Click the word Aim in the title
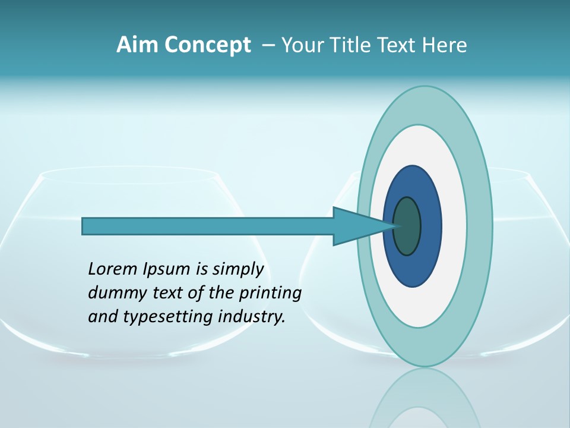[138, 45]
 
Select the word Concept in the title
[208, 46]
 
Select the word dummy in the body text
[114, 293]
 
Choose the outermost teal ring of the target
[479, 226]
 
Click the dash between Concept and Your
[268, 46]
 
